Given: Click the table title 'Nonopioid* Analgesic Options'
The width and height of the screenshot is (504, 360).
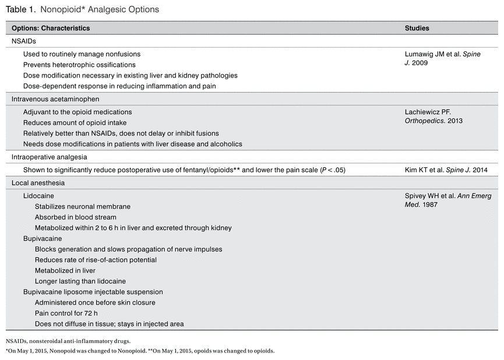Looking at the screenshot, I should coord(99,10).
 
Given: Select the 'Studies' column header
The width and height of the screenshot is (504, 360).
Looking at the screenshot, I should coord(417,28).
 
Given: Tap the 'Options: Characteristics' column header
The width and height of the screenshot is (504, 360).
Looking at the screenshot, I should coord(51,28).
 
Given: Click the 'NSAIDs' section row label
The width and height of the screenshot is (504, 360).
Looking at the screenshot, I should coord(24,41).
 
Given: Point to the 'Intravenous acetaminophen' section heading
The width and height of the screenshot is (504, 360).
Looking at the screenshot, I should coord(55,99).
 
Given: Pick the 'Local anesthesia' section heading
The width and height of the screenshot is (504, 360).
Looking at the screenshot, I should coord(38,183).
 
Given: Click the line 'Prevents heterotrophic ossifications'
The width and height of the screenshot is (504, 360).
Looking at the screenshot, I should coord(79,65).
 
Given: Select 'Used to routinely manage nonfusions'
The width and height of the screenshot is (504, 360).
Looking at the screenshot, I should coord(82,54).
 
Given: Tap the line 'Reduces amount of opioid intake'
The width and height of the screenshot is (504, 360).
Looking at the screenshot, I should coord(75,122).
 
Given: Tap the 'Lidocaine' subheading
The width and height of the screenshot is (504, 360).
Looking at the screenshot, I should coord(38,196).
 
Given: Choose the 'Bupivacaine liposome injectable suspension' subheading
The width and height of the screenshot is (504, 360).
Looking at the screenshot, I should coord(93,291).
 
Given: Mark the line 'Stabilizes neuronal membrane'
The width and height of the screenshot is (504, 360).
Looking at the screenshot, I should coord(82,206).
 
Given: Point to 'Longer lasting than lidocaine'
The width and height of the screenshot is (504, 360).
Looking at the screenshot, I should coord(80,281).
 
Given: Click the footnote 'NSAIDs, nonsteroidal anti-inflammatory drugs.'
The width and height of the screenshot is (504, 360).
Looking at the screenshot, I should coord(68,341).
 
